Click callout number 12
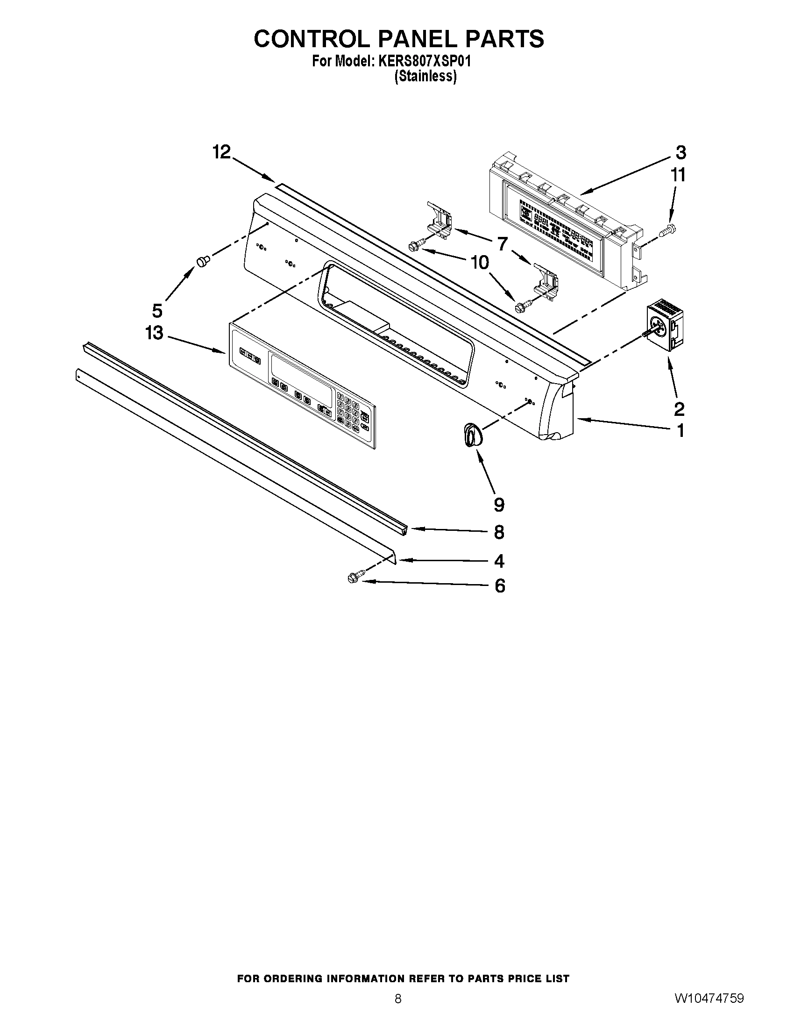pyautogui.click(x=221, y=152)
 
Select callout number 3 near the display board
pyautogui.click(x=681, y=152)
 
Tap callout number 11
pyautogui.click(x=678, y=175)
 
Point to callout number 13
pyautogui.click(x=154, y=333)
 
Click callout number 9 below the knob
pyautogui.click(x=499, y=505)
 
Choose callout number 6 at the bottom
pyautogui.click(x=500, y=586)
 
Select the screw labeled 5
pyautogui.click(x=203, y=261)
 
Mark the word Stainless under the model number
pyautogui.click(x=425, y=76)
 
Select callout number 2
pyautogui.click(x=679, y=409)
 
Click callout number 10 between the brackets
pyautogui.click(x=480, y=262)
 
